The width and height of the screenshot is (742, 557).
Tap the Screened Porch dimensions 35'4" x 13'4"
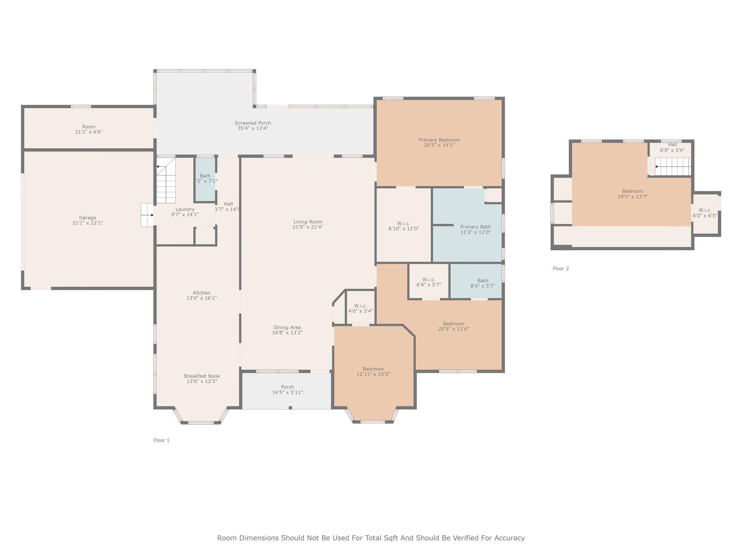pos(253,128)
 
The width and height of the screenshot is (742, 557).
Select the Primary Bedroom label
pos(439,140)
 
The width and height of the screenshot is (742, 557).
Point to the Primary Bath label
pos(475,227)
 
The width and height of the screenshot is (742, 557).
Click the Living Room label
pos(308,222)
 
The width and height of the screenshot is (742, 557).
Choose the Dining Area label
pos(287,327)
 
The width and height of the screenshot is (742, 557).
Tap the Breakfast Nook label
pos(202,376)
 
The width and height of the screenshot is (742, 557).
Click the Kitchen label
pos(201,293)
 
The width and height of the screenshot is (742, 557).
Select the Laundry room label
pos(185,210)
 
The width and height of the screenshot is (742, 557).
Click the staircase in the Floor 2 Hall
pos(672,166)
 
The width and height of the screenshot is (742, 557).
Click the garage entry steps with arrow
pos(147,215)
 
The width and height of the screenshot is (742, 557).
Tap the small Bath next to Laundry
pos(205,178)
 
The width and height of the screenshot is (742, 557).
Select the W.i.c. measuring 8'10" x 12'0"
pos(403,226)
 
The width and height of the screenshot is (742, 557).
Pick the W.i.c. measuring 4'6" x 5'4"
pos(360,309)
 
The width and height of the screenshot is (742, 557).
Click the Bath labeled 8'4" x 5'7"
pos(483,283)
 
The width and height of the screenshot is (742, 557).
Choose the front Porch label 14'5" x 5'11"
pos(287,390)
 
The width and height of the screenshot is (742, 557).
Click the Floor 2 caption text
pos(560,269)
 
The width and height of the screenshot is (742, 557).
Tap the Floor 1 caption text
pos(161,440)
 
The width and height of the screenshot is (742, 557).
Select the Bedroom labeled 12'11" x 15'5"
pos(373,372)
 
